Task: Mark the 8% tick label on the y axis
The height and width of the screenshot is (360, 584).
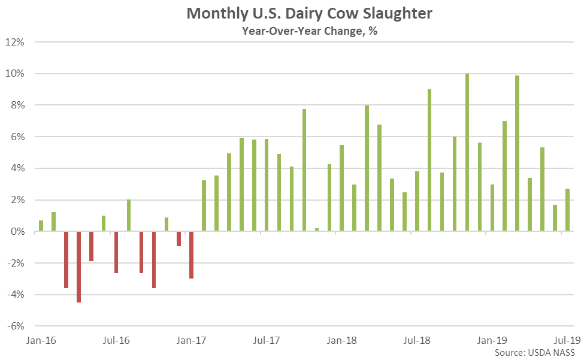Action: (18, 105)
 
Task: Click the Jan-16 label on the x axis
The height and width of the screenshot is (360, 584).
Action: (41, 341)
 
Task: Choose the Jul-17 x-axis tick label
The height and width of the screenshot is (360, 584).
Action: (267, 341)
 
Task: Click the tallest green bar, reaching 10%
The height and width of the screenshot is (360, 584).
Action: (467, 153)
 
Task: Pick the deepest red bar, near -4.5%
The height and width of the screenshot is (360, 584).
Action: (78, 267)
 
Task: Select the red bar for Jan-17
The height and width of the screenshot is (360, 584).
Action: (192, 255)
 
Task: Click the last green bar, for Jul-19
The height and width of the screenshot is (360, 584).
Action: (567, 210)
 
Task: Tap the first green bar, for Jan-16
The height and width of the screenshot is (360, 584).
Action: (41, 226)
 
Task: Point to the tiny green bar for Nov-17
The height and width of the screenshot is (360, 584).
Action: (317, 229)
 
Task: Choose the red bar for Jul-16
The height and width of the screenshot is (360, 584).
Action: (116, 252)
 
